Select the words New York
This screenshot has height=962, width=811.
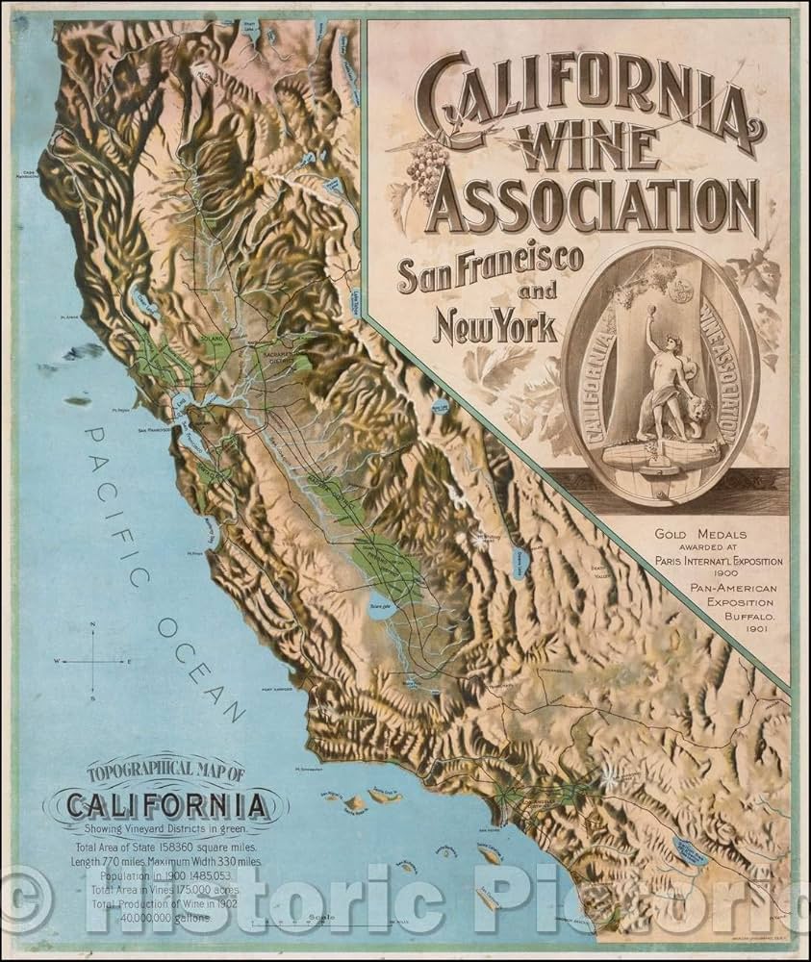click(x=496, y=327)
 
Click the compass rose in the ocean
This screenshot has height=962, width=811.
click(x=92, y=661)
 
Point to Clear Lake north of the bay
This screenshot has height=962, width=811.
click(x=144, y=300)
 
